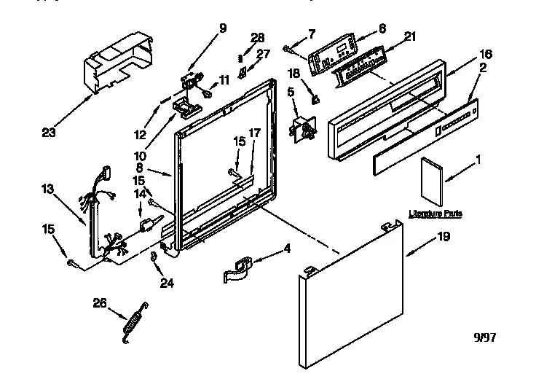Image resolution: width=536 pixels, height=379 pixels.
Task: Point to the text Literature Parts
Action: click(x=435, y=214)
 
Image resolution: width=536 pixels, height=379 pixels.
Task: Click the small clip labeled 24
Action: click(x=154, y=257)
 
